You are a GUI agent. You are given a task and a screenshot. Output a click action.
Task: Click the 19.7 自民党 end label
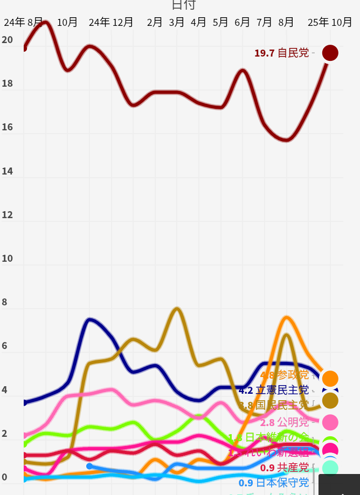281,53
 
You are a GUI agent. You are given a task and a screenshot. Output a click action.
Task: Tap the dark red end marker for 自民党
330,53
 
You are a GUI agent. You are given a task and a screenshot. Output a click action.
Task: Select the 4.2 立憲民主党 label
274,390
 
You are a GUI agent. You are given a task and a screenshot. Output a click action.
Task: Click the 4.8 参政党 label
284,375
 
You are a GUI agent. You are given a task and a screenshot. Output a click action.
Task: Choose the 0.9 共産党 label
284,468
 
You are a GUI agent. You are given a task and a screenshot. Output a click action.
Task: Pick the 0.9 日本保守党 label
274,483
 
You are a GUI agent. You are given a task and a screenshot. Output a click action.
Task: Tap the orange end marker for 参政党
330,379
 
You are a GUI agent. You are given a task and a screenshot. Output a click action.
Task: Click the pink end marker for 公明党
330,422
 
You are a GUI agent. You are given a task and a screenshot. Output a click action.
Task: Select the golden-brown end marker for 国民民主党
330,400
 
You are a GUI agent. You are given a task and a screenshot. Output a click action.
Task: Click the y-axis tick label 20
7,40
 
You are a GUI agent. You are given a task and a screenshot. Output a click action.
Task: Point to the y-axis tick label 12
7,215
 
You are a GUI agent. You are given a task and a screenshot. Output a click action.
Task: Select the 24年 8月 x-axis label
23,22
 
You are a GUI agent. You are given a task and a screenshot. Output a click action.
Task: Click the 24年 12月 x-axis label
111,22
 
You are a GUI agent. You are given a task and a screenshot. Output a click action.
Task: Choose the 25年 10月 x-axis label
330,22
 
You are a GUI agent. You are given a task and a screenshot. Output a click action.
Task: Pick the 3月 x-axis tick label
177,22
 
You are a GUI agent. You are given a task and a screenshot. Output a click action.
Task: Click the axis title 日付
184,5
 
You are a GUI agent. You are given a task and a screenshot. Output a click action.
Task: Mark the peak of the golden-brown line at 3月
177,309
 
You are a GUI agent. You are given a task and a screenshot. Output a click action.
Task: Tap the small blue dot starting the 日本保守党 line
89,466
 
